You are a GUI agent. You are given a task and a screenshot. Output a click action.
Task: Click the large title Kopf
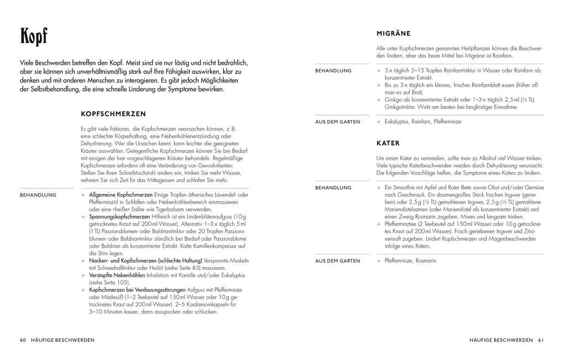34,37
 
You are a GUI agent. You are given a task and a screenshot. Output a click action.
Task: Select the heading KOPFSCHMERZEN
113,114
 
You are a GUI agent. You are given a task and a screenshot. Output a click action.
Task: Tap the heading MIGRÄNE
394,34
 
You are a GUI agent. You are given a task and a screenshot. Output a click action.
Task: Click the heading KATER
388,143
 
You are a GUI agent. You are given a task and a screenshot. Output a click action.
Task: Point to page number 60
23,340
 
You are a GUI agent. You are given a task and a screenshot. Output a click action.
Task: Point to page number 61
541,340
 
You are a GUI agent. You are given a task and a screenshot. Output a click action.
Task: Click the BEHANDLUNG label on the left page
38,195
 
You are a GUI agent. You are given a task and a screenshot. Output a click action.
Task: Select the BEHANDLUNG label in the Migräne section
333,71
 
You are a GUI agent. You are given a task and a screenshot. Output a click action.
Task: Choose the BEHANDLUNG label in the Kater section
333,187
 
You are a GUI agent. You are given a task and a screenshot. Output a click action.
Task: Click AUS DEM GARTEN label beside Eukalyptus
337,122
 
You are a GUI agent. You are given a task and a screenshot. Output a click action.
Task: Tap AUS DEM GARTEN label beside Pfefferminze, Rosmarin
337,260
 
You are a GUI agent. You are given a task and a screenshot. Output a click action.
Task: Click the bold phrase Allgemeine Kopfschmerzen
121,195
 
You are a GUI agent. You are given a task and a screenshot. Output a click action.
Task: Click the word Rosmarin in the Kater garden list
426,260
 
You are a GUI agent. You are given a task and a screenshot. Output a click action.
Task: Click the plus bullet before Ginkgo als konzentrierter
379,100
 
